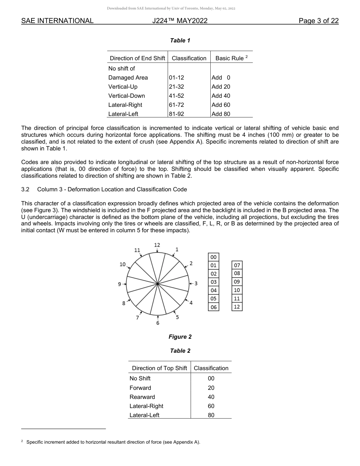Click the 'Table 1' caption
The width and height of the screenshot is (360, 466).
click(180, 41)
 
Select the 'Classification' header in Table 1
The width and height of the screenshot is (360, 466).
click(189, 58)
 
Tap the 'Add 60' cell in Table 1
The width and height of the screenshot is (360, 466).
click(221, 105)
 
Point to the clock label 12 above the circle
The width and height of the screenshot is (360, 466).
click(157, 245)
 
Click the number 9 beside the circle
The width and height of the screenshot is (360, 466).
click(120, 284)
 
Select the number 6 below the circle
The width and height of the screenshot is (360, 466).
click(158, 323)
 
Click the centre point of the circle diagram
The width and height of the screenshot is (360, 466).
click(158, 283)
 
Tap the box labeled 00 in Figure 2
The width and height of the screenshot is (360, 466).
click(214, 257)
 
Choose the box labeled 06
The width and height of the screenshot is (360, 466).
click(214, 307)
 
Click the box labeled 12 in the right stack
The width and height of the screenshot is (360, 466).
click(237, 307)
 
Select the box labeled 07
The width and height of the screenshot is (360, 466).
click(237, 265)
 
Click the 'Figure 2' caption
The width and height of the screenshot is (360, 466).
click(180, 337)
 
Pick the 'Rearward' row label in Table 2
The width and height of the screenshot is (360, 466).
click(142, 397)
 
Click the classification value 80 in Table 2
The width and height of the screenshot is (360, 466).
click(211, 415)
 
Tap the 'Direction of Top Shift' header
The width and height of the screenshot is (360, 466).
click(159, 368)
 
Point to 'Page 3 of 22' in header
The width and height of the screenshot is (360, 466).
click(318, 21)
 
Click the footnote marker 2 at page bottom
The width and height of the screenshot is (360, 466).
click(22, 441)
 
